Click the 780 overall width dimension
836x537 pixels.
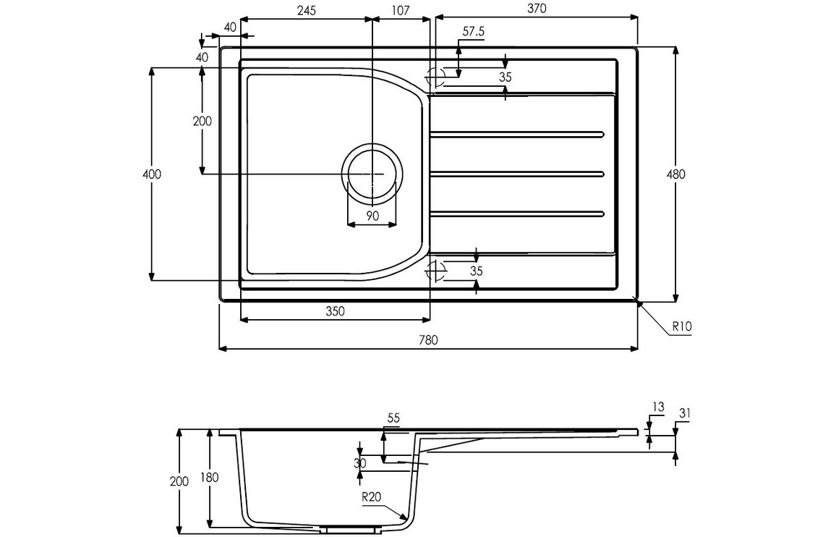tap(427, 339)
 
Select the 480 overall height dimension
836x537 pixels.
tap(676, 174)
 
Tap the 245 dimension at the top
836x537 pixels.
tap(307, 10)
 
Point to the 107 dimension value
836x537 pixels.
tap(401, 10)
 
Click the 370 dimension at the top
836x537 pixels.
tap(537, 8)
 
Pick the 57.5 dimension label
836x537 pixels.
tap(474, 32)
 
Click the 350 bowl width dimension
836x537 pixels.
tap(336, 310)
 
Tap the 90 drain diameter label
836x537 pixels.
tap(372, 216)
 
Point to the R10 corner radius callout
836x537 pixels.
tap(681, 326)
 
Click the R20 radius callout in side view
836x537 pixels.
tap(372, 497)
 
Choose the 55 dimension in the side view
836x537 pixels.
tap(393, 418)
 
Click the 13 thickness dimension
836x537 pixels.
tap(658, 407)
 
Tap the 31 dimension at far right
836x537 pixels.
tap(685, 413)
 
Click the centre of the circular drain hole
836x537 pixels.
tap(372, 174)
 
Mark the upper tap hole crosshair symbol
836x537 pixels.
tap(435, 77)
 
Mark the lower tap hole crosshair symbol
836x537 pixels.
tap(435, 271)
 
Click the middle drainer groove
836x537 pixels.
tap(516, 174)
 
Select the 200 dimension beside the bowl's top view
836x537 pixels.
tap(202, 121)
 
